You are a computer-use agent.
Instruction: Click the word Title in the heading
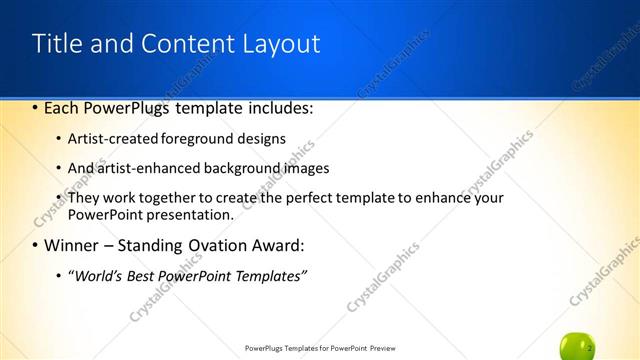pos(55,44)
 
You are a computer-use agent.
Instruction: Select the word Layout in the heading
pos(279,44)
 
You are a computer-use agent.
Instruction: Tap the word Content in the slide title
pos(175,44)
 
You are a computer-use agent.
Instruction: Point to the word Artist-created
pos(106,138)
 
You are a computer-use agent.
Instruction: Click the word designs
pos(261,138)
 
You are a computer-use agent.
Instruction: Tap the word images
pos(305,168)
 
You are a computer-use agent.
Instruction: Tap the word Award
pos(275,245)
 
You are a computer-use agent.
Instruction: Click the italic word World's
pos(97,275)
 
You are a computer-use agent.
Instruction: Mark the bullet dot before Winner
pos(36,245)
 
